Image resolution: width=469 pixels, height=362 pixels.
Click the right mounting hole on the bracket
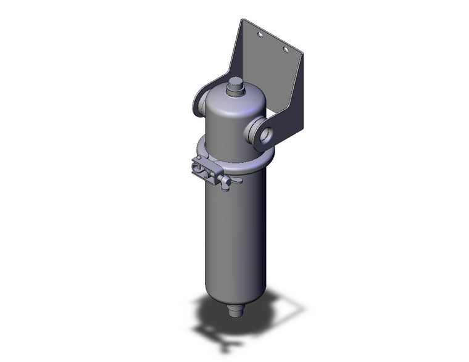[285, 49]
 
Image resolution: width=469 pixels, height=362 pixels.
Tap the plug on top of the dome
[235, 87]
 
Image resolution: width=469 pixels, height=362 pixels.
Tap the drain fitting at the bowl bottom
[235, 308]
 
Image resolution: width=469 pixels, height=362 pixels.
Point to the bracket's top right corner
[304, 52]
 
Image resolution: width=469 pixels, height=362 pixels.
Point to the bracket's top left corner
[241, 20]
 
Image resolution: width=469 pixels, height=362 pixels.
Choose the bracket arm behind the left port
[203, 93]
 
